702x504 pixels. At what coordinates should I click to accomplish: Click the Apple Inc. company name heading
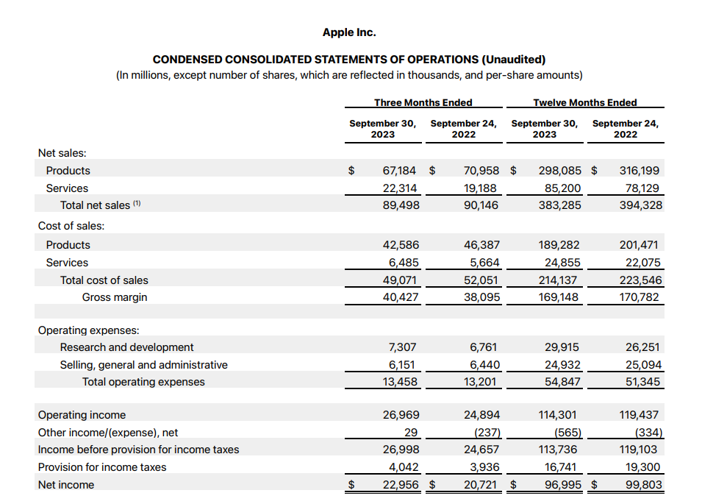[x=349, y=32]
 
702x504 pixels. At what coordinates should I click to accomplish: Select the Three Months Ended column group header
[x=423, y=102]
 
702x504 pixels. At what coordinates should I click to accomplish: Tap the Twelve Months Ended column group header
[x=584, y=102]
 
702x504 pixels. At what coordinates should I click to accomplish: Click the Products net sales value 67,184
[x=400, y=171]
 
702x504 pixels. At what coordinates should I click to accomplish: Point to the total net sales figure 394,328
[x=641, y=205]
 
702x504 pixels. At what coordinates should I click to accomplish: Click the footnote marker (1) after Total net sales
[x=137, y=205]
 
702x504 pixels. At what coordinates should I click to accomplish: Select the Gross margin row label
[x=114, y=297]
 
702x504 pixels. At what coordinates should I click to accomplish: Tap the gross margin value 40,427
[x=401, y=297]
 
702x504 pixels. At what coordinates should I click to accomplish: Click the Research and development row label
[x=126, y=347]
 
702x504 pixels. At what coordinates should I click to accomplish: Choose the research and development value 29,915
[x=562, y=347]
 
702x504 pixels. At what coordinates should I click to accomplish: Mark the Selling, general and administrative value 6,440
[x=482, y=365]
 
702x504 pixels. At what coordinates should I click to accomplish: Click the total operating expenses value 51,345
[x=643, y=382]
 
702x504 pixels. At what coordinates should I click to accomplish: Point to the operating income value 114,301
[x=560, y=415]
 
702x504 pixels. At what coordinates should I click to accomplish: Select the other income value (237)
[x=482, y=433]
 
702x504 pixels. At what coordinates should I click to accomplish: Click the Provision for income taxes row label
[x=102, y=467]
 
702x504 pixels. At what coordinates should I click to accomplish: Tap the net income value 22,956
[x=401, y=485]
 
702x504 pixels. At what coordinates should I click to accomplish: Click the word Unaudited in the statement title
[x=513, y=59]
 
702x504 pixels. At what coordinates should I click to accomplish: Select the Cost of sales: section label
[x=71, y=226]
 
